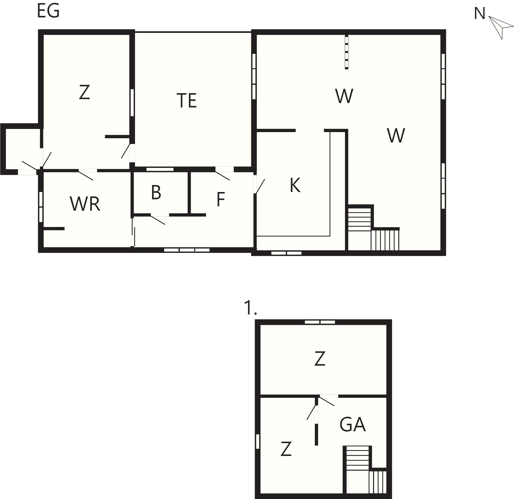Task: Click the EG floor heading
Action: point(49,11)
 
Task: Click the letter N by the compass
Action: point(480,13)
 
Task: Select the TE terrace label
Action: point(187,100)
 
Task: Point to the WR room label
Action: point(85,204)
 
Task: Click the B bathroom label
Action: point(156,192)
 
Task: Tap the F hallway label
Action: point(221,200)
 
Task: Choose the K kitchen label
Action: point(295,185)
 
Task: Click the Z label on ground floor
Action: point(84,92)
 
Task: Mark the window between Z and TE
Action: point(132,102)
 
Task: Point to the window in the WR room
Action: point(41,207)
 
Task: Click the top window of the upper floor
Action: point(320,322)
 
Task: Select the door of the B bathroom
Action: point(158,220)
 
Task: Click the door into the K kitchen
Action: point(259,185)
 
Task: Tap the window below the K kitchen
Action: point(286,253)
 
